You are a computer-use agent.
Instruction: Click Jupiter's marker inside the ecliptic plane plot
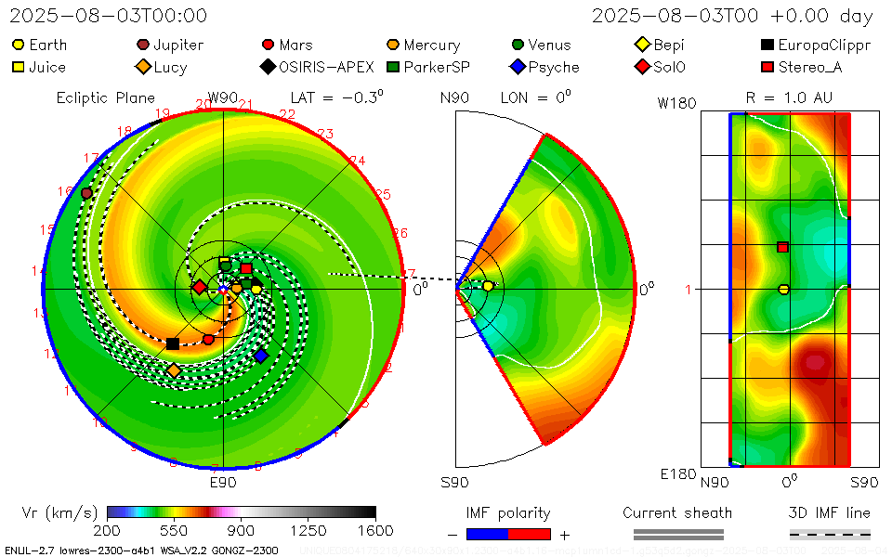point(86,193)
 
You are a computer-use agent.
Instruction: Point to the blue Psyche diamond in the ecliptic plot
point(261,356)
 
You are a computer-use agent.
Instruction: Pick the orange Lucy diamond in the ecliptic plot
point(174,370)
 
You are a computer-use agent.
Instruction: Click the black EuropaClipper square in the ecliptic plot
point(173,343)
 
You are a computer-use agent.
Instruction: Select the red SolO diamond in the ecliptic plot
point(199,287)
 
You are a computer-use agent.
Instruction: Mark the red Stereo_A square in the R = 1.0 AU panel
point(783,247)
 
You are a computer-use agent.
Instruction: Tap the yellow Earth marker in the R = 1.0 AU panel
point(783,290)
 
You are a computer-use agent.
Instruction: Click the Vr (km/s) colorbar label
point(59,512)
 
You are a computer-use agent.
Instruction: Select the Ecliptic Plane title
point(105,97)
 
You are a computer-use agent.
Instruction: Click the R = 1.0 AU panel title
point(789,97)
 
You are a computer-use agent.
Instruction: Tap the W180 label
point(677,103)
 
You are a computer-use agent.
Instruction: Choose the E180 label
point(677,474)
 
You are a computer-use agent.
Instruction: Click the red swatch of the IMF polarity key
point(530,534)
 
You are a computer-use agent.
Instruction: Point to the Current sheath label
point(677,512)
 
